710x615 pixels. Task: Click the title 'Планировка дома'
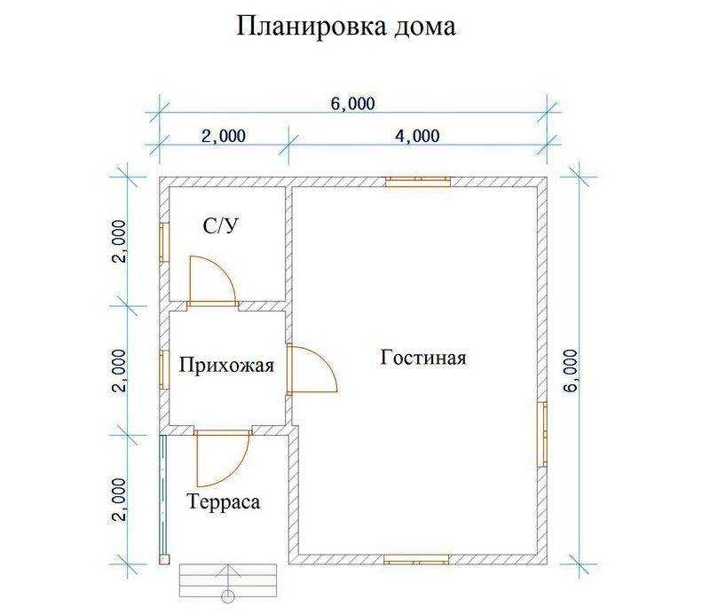point(346,27)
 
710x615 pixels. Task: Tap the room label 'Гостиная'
point(423,358)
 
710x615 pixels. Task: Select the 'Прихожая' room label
point(226,365)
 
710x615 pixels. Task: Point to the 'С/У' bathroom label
point(220,225)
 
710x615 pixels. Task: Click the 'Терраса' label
point(224,501)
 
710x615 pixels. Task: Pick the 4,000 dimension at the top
point(417,136)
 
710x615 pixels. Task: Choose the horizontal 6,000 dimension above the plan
point(353,104)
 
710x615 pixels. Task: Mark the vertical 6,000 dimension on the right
point(572,370)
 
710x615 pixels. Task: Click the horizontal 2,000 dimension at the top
point(224,136)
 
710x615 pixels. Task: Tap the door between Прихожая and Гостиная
point(312,368)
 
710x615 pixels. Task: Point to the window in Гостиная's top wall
point(418,181)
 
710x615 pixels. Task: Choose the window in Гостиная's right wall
point(542,434)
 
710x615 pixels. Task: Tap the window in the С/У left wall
point(164,242)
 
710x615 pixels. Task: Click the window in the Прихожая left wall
point(164,368)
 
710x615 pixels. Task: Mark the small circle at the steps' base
point(228,595)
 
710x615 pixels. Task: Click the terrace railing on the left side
point(163,497)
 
